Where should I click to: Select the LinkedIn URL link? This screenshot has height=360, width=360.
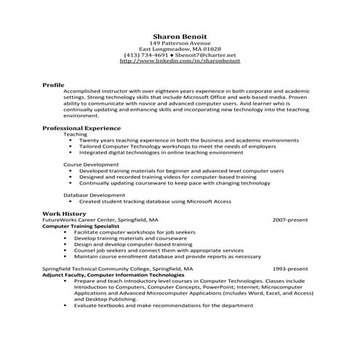coord(180,61)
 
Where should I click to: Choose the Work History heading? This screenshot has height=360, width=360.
coord(64,212)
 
